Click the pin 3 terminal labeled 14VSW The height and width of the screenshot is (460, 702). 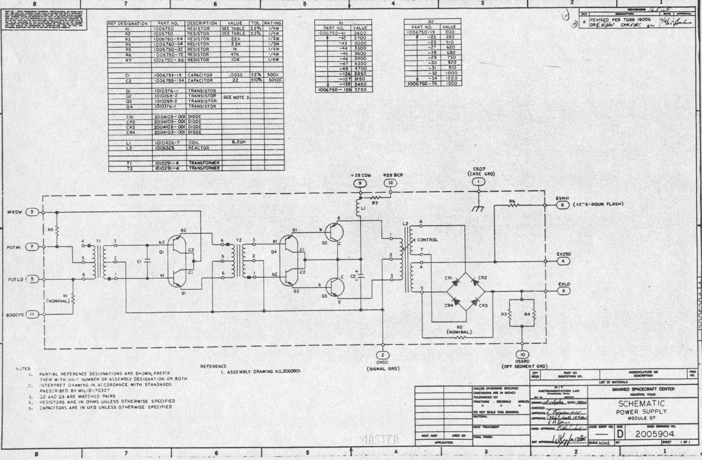[32, 212]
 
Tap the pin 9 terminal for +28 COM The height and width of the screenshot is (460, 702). [360, 183]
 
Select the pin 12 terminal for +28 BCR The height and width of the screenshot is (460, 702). [390, 183]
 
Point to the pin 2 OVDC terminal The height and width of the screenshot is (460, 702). [383, 355]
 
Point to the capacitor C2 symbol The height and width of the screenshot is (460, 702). [360, 276]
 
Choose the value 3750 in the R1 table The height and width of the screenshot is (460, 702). [360, 90]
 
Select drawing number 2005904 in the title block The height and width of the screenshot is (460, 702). [654, 434]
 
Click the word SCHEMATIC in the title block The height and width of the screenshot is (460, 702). [641, 404]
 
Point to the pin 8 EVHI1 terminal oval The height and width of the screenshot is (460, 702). [562, 205]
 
